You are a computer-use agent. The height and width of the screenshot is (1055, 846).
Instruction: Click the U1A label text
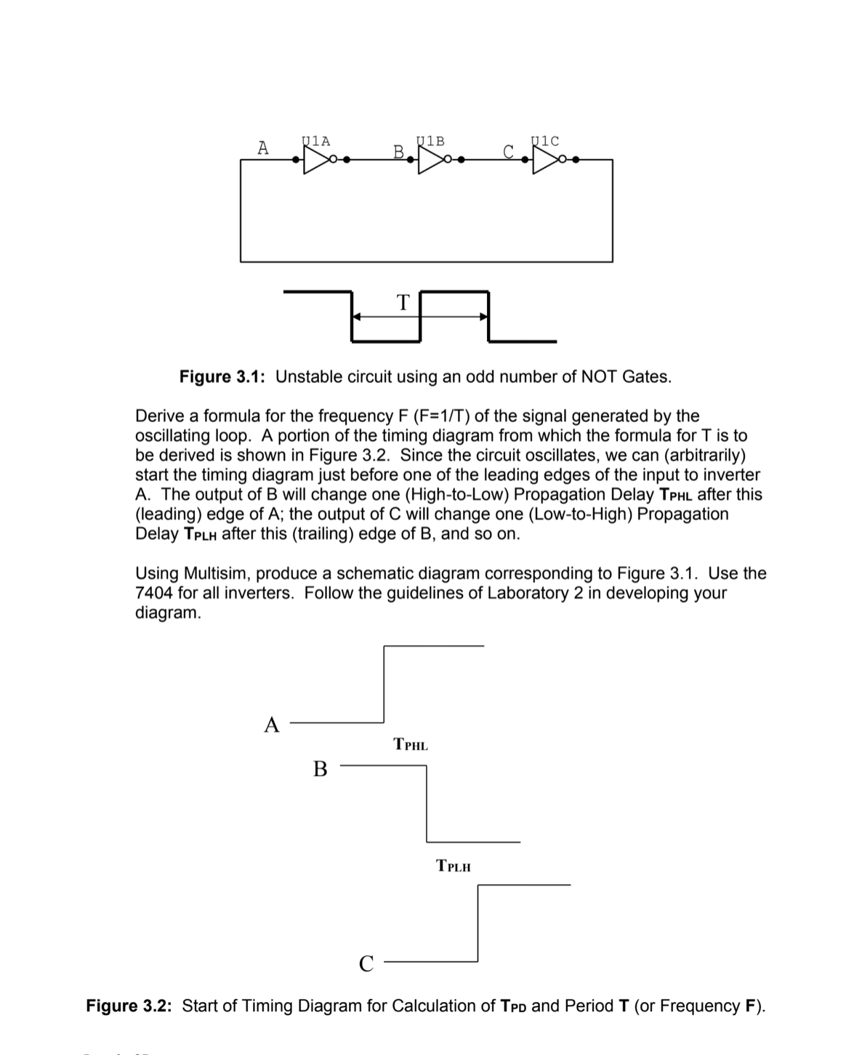[315, 141]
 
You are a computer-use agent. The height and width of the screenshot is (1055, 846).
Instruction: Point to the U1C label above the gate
[545, 141]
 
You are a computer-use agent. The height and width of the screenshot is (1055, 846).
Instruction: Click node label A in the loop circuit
[263, 147]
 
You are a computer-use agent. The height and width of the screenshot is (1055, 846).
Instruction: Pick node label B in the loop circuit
[398, 152]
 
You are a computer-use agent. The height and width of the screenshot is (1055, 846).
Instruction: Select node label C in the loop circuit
[509, 152]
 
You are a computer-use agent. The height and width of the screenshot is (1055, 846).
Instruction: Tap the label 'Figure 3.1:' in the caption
[222, 376]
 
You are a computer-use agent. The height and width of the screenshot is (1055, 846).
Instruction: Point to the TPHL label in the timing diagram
[411, 745]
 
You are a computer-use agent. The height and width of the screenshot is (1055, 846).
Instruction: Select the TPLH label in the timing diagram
[454, 866]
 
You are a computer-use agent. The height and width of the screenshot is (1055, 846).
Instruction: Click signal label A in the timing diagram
[272, 724]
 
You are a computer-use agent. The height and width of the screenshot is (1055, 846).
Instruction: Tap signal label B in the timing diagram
[320, 768]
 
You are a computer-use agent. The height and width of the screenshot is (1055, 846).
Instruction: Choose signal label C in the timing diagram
[366, 963]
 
